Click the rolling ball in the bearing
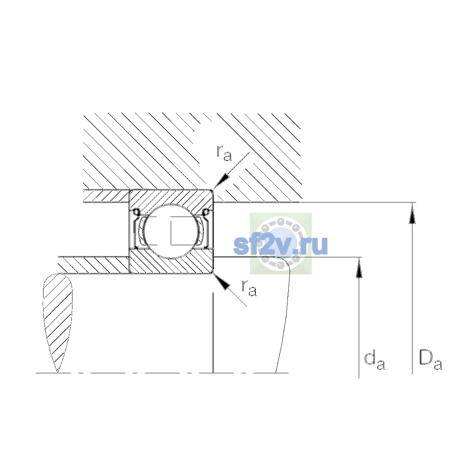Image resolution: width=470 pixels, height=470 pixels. (x=171, y=231)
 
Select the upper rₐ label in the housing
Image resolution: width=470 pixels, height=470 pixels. (x=224, y=153)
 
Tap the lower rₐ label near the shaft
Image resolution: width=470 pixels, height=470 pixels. (x=249, y=288)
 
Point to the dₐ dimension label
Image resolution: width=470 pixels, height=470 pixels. (x=374, y=361)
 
